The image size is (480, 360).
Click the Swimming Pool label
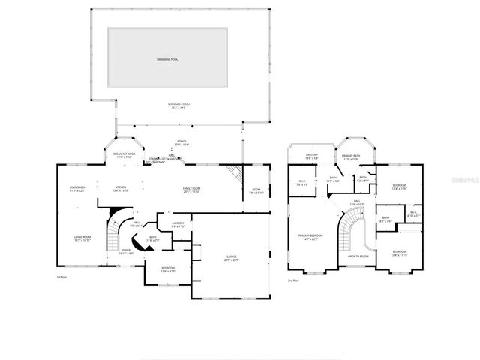(168, 58)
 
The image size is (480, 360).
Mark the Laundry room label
(178, 224)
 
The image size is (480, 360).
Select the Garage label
(232, 257)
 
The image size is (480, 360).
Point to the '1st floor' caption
(62, 277)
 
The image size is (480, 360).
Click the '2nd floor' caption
(293, 280)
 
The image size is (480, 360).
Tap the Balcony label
(313, 157)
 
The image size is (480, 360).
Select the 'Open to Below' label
(357, 256)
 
